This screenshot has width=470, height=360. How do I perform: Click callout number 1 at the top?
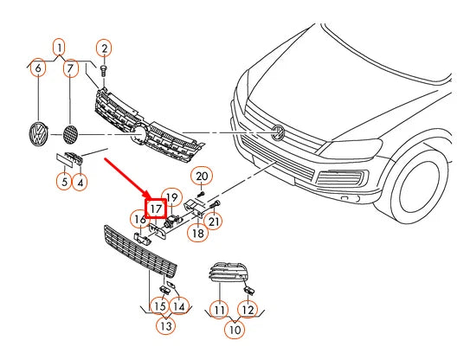tap(60, 48)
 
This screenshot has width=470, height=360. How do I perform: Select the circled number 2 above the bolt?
tap(104, 48)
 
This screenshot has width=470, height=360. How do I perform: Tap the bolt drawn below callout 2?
tap(104, 70)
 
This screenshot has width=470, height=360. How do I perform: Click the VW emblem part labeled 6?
tap(39, 134)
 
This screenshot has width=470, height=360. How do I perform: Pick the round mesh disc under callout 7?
tap(70, 133)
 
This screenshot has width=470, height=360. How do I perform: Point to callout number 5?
tap(64, 182)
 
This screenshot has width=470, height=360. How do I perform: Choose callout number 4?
tap(80, 182)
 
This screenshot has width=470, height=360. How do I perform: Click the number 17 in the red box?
tap(156, 209)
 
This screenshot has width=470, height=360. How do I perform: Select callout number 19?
tap(172, 198)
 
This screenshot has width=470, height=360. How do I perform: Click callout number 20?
tap(202, 176)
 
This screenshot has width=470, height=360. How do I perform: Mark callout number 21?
tap(214, 222)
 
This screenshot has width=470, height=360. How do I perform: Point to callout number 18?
tap(198, 233)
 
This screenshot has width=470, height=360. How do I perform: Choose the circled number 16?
tap(140, 220)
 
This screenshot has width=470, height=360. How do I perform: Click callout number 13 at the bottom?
tap(166, 325)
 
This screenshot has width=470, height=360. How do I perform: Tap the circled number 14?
tap(179, 306)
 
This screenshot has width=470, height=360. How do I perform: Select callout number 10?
tap(235, 330)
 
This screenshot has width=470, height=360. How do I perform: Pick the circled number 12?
tap(248, 309)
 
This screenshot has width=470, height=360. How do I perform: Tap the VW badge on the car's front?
tap(278, 132)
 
